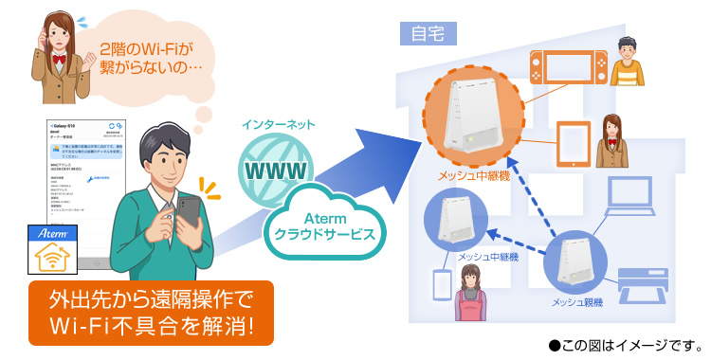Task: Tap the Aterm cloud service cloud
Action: point(322,225)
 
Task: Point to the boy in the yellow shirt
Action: point(626,62)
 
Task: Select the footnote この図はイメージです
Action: point(625,345)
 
